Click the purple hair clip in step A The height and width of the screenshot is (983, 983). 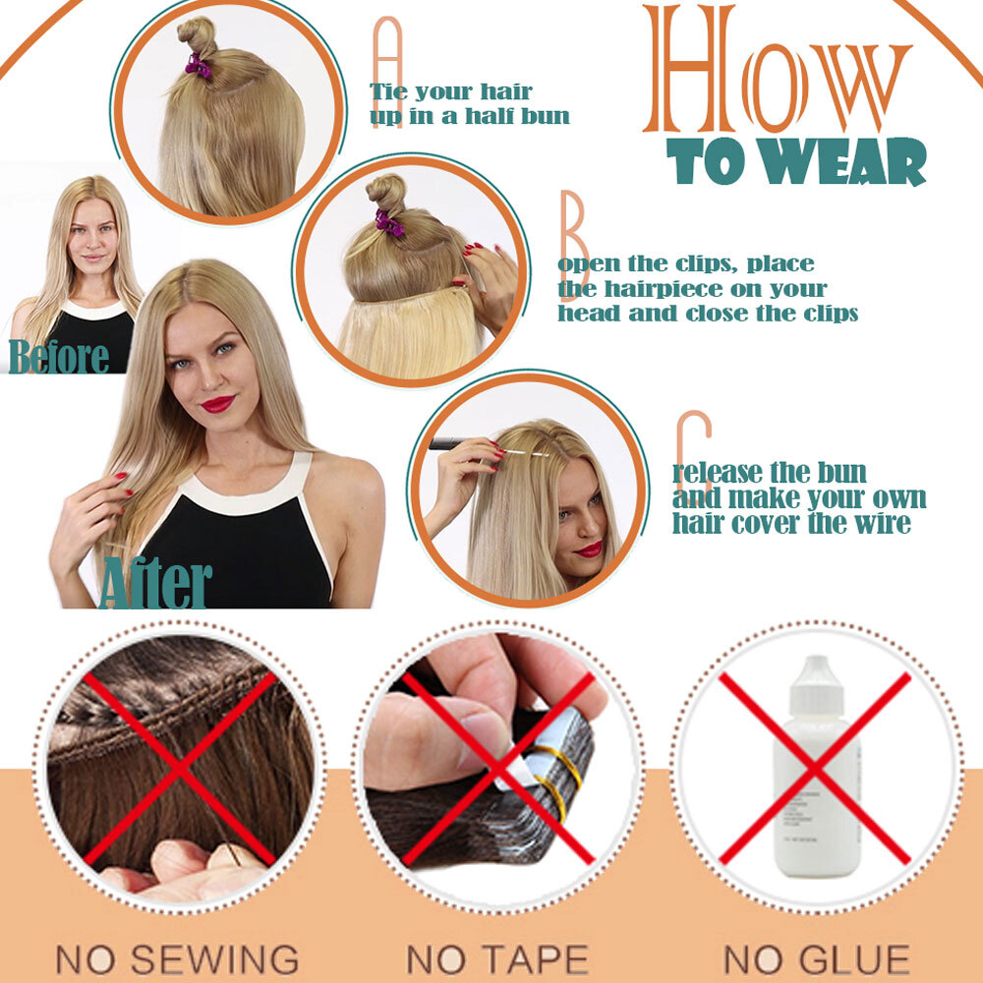point(198,65)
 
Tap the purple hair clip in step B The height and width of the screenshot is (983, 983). point(389,222)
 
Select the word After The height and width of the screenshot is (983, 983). point(155,582)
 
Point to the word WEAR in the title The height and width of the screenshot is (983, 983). point(845,161)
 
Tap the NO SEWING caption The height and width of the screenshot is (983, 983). point(177,959)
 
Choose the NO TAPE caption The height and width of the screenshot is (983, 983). point(497,959)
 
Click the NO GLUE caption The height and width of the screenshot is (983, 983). point(816,959)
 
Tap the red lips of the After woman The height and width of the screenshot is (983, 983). point(217,403)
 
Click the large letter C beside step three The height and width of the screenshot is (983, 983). point(693,451)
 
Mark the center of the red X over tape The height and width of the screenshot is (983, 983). point(497,770)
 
